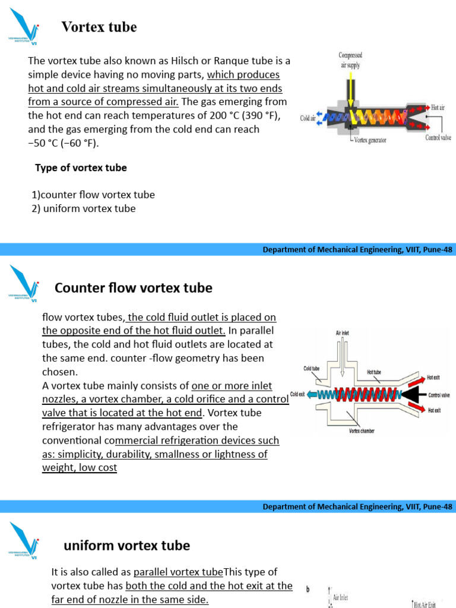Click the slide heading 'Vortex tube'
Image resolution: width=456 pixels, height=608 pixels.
pos(99,27)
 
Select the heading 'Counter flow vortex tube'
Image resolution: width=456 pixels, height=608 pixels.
pos(133,289)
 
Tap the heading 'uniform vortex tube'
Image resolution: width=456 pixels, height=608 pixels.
pos(126,546)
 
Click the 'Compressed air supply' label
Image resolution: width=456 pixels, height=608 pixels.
pos(350,60)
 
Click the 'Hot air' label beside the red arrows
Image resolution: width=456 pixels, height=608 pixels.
pos(438,107)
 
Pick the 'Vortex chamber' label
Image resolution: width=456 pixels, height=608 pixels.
pos(362,430)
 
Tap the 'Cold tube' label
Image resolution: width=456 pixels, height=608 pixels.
pos(312,368)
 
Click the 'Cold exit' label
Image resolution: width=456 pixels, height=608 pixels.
pos(297,394)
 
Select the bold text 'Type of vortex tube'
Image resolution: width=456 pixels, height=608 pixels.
pos(81,168)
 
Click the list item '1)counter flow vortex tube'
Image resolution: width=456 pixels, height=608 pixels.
pos(93,195)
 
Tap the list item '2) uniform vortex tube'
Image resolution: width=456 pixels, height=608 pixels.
pos(84,208)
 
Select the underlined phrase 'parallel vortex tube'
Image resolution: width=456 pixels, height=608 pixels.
pos(178,572)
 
